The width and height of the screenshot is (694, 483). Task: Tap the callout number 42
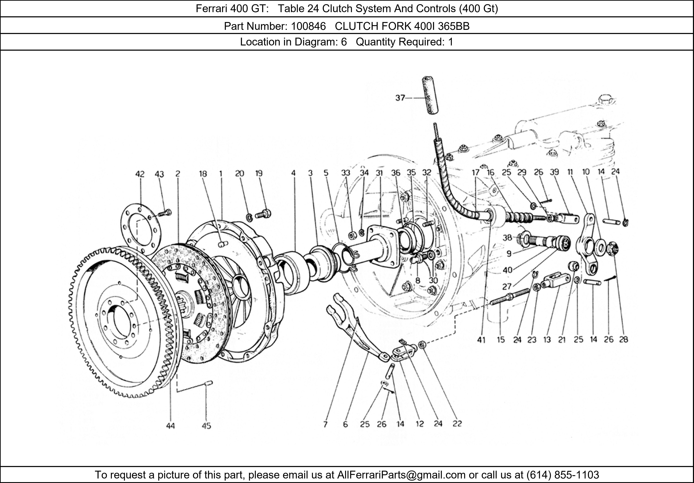[x=140, y=174]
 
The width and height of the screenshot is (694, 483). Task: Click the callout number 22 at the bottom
[x=457, y=424]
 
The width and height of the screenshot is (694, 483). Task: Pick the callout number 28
[x=623, y=340]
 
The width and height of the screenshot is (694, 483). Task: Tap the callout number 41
[x=481, y=340]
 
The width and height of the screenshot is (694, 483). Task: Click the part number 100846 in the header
[x=308, y=27]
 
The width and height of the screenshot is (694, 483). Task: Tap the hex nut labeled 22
[x=422, y=344]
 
